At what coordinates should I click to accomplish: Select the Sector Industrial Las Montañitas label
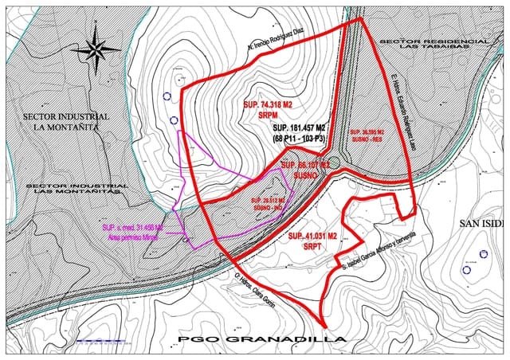[73, 188]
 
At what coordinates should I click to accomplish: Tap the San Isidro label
[482, 224]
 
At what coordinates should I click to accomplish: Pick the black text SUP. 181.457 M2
[299, 128]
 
